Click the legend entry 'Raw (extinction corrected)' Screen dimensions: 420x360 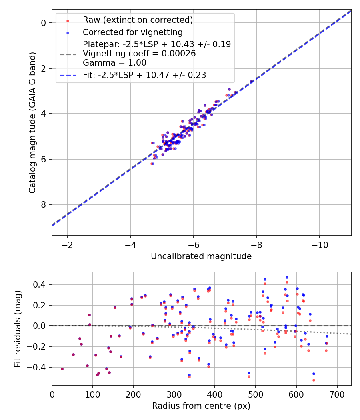138,20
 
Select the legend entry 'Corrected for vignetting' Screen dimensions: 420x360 132,32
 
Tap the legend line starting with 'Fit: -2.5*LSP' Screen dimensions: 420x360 144,75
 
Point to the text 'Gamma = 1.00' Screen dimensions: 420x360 114,63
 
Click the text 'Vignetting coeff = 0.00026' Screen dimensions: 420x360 139,54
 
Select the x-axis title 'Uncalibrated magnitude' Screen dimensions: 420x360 201,256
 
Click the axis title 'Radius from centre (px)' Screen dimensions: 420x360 201,406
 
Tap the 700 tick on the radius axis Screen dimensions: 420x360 337,394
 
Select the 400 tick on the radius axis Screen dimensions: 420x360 215,394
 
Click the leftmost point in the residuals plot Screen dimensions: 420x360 62,369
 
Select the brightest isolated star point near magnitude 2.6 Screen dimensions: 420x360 252,82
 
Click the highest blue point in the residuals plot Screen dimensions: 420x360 287,277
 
